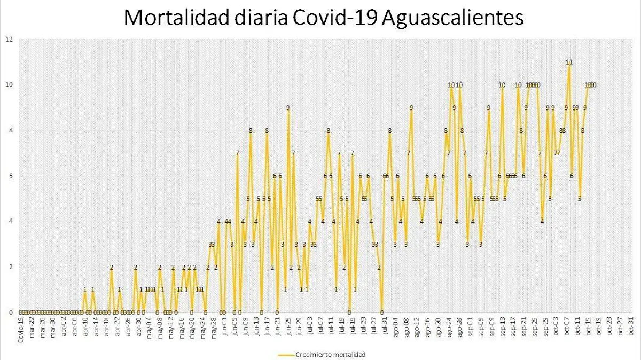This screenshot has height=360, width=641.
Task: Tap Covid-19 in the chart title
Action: tap(336, 18)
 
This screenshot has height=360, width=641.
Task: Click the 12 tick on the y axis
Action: tap(9, 39)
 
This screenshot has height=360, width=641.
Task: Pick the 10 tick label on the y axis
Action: tap(9, 84)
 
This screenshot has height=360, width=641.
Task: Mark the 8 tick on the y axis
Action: tap(11, 130)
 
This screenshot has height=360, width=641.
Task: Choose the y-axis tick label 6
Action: tap(11, 176)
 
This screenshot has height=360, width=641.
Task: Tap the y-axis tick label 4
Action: tap(11, 221)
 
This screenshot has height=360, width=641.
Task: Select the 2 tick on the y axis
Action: tap(11, 267)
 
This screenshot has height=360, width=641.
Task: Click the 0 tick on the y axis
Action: tap(11, 312)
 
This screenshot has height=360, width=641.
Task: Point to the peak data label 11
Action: tap(569, 62)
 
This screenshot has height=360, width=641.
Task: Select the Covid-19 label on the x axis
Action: tap(21, 329)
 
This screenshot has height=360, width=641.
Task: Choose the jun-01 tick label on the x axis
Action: tap(224, 327)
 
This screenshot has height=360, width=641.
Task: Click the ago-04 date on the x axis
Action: tap(395, 327)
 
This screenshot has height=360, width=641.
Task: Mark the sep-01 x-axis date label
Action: tap(470, 327)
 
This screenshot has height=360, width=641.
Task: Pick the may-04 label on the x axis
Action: tap(149, 327)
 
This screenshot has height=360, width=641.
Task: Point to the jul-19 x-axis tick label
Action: tap(353, 326)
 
